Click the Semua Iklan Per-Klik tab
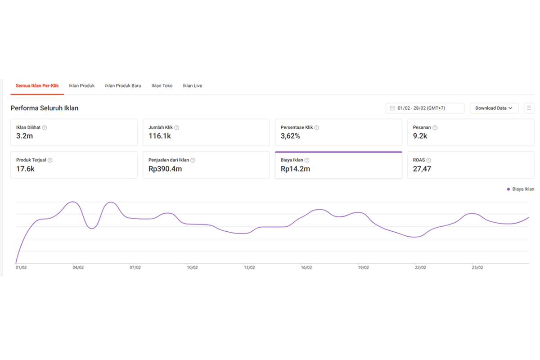click(x=37, y=85)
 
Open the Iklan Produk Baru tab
click(x=123, y=85)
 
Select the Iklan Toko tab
click(x=162, y=85)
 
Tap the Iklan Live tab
click(x=193, y=85)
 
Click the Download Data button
click(x=494, y=108)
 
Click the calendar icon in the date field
click(x=392, y=108)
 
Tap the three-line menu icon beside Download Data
click(x=529, y=108)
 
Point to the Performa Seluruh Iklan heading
click(x=45, y=108)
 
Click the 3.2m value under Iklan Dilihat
click(x=24, y=136)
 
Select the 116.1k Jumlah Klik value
click(x=160, y=136)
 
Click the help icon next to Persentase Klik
click(x=317, y=127)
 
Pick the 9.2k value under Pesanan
click(x=420, y=136)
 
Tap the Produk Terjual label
click(x=31, y=160)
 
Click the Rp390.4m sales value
click(x=165, y=169)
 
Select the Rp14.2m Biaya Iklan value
click(x=295, y=169)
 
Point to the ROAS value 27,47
click(x=422, y=169)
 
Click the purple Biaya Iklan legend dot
click(x=508, y=189)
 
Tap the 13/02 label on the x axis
click(x=249, y=268)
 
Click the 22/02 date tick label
click(x=420, y=268)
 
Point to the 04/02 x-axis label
click(x=78, y=268)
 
